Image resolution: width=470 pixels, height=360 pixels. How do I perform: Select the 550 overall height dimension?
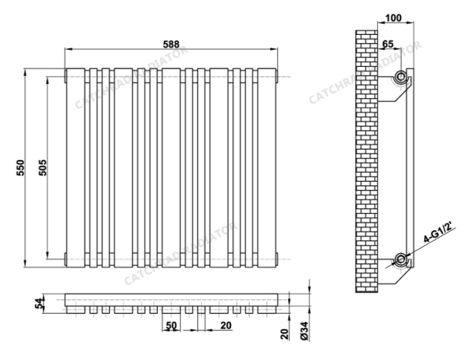pyautogui.click(x=20, y=167)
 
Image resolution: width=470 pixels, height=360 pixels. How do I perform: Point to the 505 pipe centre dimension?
pyautogui.click(x=42, y=167)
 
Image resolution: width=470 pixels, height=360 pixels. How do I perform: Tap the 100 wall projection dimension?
pyautogui.click(x=393, y=17)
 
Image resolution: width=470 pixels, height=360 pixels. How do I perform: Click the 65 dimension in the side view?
pyautogui.click(x=387, y=44)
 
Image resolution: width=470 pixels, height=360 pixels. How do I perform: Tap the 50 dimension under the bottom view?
pyautogui.click(x=171, y=325)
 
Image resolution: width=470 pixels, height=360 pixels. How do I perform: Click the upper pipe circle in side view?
pyautogui.click(x=401, y=75)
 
